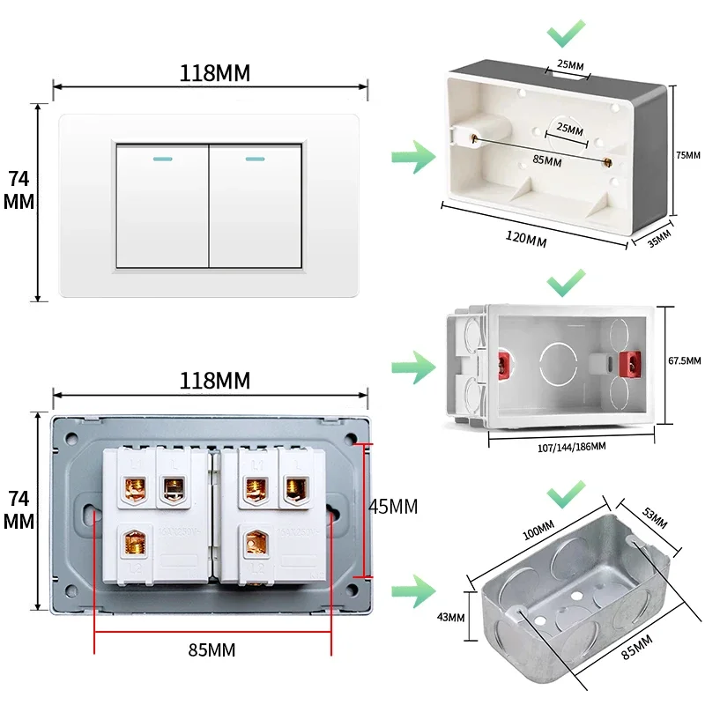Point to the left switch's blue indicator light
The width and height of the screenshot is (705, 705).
[163, 160]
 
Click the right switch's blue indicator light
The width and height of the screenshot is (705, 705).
[256, 160]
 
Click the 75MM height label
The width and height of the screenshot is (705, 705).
[687, 155]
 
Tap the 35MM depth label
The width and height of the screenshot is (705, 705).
[658, 237]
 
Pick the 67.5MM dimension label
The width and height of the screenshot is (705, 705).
[684, 361]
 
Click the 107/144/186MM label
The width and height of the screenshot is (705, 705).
[570, 447]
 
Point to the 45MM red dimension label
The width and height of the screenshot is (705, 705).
[392, 507]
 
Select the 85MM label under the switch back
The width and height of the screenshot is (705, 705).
[211, 650]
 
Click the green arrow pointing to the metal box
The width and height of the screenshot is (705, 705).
[413, 589]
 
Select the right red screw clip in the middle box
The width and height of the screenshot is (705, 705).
[629, 363]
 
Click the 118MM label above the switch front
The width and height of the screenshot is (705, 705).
[214, 73]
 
